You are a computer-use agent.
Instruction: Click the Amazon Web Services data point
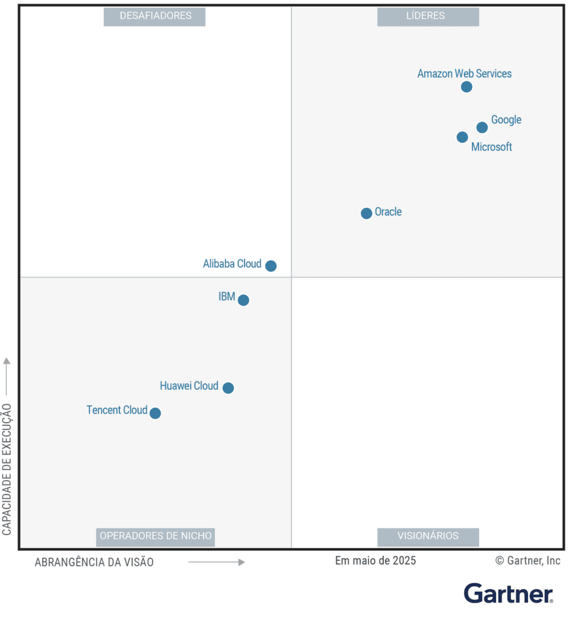point(466,87)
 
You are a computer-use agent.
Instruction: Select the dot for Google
point(482,127)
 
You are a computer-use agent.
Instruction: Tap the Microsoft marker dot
point(462,137)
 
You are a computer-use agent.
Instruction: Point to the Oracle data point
point(366,213)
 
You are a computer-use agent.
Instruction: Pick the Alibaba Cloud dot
point(271,266)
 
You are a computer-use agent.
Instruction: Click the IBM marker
point(243,300)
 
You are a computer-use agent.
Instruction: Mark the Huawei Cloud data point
point(228,388)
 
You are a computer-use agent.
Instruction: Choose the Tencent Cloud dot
point(155,413)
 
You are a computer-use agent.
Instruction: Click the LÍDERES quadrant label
point(428,16)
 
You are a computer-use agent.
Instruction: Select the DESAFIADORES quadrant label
point(154,16)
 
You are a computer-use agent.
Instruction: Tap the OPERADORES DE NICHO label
point(155,536)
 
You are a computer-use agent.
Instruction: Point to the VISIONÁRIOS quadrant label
point(428,536)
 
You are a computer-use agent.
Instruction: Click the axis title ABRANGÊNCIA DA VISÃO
point(94,562)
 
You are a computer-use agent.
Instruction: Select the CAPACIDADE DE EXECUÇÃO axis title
point(7,469)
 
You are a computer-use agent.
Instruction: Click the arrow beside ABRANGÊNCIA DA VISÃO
point(217,562)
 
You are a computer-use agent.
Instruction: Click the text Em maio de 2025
point(375,561)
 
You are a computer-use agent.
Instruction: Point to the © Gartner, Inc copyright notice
point(528,561)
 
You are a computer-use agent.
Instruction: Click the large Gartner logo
point(508,594)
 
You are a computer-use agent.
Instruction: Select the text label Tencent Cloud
point(117,410)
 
